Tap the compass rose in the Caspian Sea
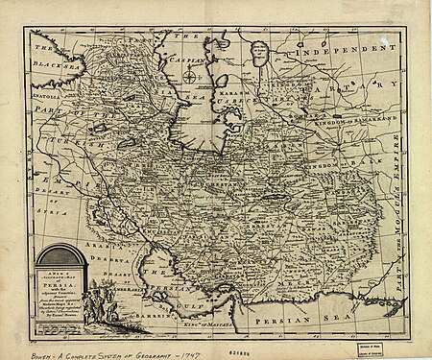coord(189,76)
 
